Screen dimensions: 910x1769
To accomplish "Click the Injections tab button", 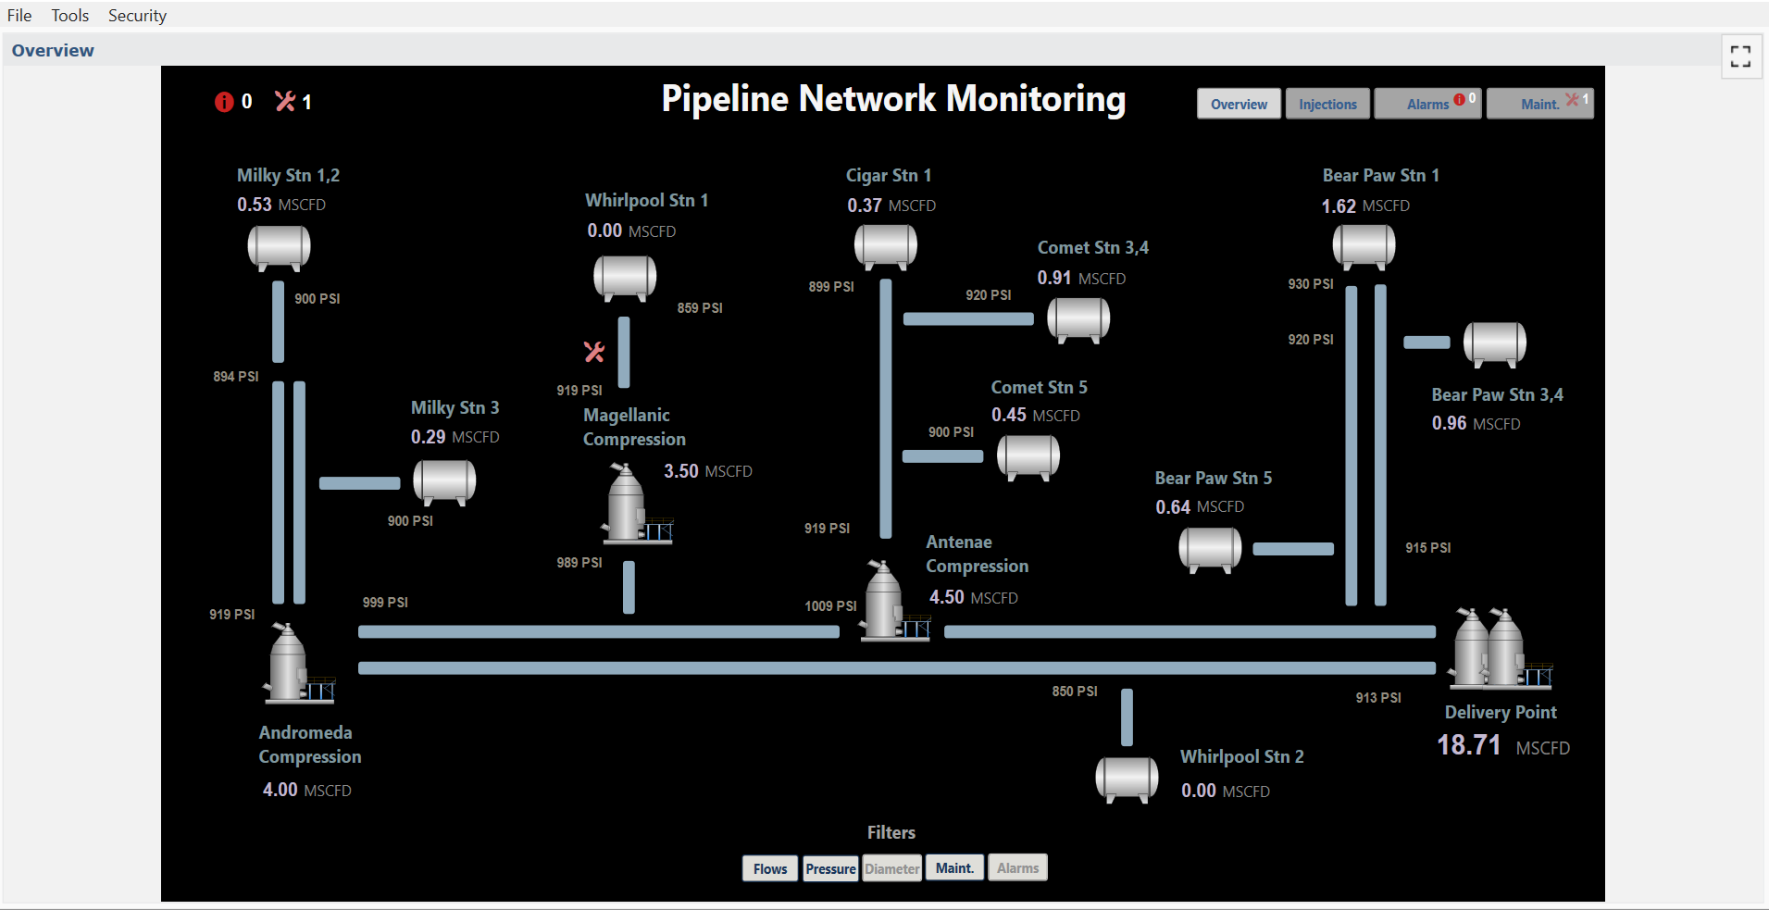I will click(x=1327, y=104).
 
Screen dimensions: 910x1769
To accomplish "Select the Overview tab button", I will click(x=1239, y=104).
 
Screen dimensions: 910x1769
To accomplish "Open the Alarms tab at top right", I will click(x=1427, y=104).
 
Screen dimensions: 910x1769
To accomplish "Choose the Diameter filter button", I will click(x=892, y=868).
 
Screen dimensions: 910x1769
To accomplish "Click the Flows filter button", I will click(x=769, y=868).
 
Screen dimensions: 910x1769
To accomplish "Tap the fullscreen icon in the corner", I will click(x=1740, y=56).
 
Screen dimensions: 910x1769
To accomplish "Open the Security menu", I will click(x=137, y=16).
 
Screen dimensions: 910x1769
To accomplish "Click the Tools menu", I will click(x=70, y=16).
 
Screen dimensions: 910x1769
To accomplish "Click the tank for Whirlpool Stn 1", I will click(x=625, y=277).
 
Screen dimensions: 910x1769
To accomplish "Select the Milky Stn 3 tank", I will click(x=444, y=481).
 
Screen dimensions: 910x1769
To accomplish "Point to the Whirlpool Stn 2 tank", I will click(x=1127, y=778).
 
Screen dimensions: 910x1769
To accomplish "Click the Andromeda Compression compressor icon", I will click(x=294, y=664).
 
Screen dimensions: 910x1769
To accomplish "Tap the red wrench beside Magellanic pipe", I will click(x=594, y=352).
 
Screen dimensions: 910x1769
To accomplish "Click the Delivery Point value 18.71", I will click(x=1468, y=745).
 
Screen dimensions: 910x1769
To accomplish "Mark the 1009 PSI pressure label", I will click(x=830, y=606).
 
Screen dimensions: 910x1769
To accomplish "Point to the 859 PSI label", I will click(x=699, y=308).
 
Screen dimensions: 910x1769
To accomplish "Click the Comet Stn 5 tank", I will click(x=1028, y=456).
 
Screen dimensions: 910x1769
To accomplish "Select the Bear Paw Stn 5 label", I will click(x=1213, y=479).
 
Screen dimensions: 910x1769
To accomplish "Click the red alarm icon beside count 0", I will click(x=224, y=102).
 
